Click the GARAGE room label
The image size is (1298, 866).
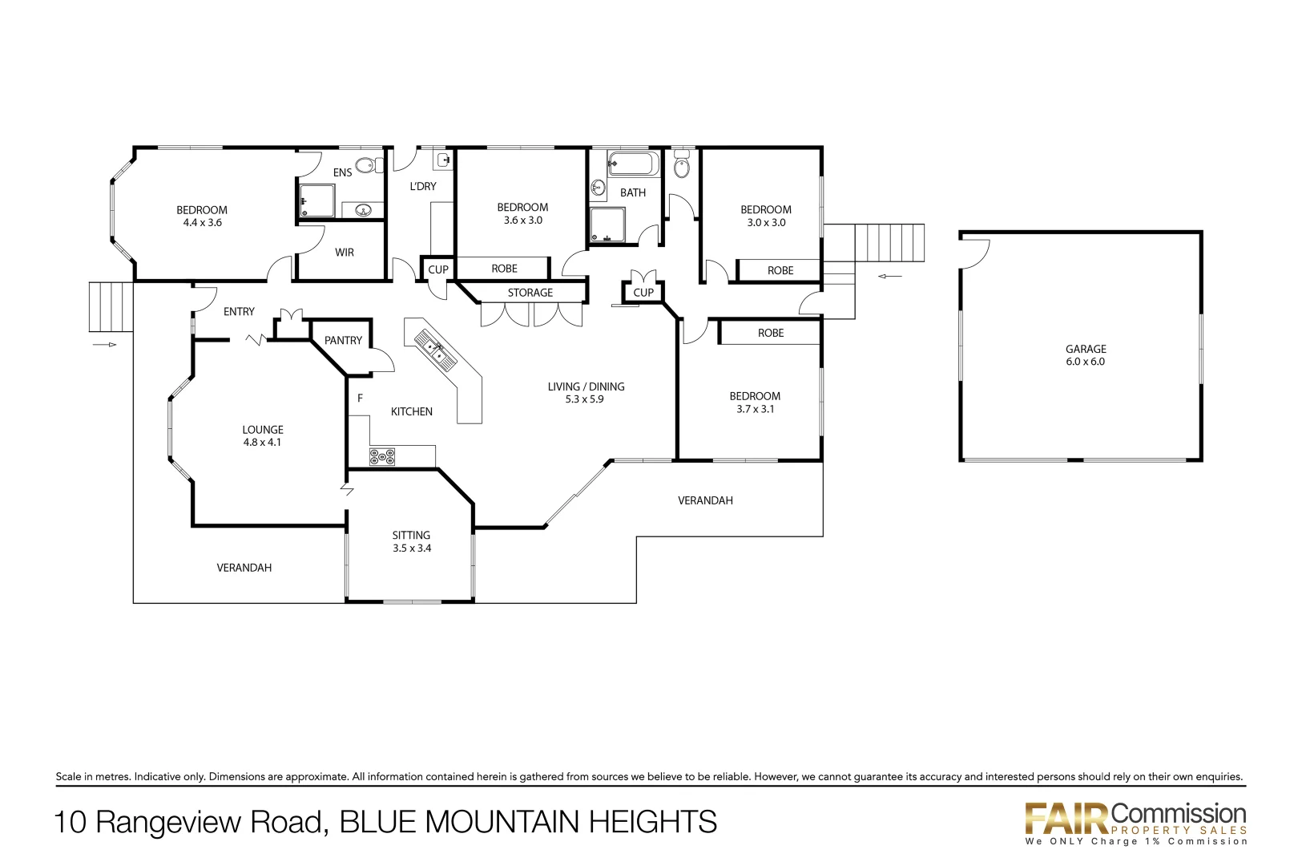tap(1086, 349)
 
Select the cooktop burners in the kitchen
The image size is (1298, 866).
tap(382, 457)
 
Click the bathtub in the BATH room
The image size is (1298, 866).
tap(633, 164)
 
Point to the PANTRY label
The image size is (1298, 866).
tap(343, 341)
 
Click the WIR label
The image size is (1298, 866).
tap(345, 253)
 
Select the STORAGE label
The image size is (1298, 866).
tap(530, 293)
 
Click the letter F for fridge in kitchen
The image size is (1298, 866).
tap(360, 398)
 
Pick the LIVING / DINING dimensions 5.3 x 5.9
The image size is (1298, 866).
tap(584, 399)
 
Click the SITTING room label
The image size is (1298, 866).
tap(411, 535)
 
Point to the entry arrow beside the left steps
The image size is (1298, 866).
tap(105, 345)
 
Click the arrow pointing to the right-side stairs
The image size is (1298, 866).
tap(889, 277)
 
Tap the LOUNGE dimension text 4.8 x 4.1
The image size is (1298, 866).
tap(262, 443)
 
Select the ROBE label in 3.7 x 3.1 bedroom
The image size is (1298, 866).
tap(771, 333)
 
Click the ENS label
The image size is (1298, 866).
tap(342, 172)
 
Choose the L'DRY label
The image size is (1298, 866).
tap(423, 186)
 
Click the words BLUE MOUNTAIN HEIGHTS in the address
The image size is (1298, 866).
tap(528, 822)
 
